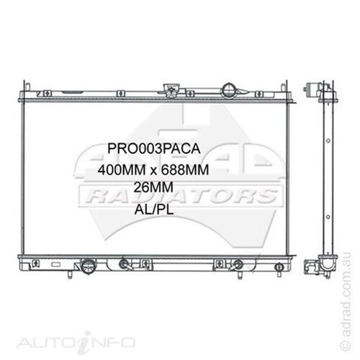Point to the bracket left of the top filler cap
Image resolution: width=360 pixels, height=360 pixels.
[173, 92]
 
